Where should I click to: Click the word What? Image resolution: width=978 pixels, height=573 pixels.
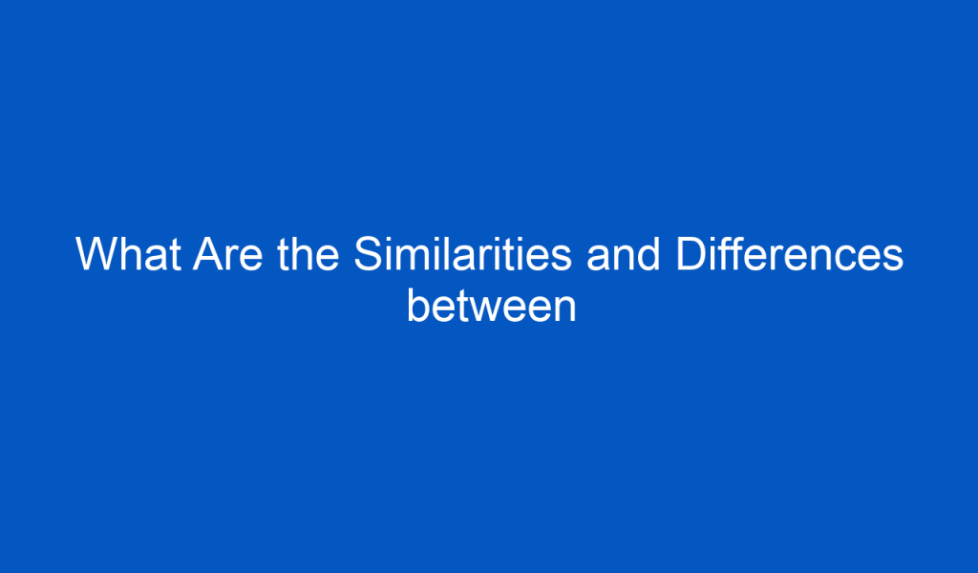tap(129, 254)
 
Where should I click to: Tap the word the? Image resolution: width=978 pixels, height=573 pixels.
tap(308, 254)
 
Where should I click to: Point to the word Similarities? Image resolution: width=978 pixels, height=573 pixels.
tap(463, 254)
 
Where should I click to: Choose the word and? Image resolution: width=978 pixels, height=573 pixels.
tap(624, 254)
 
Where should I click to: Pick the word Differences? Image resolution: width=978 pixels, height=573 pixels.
tap(790, 254)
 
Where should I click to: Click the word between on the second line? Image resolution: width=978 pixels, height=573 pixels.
tap(492, 306)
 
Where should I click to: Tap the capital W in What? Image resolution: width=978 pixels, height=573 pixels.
tap(97, 254)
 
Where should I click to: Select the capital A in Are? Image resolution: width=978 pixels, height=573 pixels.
tap(210, 254)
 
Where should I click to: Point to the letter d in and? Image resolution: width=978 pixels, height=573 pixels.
tap(649, 254)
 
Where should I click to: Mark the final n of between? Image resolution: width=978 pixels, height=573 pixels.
tap(565, 309)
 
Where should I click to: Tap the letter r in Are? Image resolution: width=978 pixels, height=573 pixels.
tap(234, 258)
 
